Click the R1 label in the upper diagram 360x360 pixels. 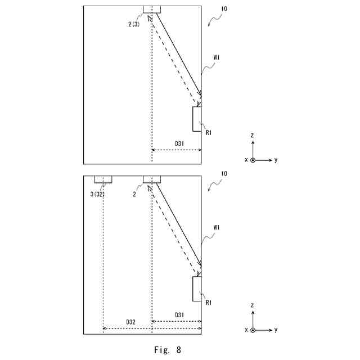208,133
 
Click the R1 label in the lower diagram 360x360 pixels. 208,303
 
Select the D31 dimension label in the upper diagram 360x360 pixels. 178,144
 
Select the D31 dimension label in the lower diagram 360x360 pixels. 178,314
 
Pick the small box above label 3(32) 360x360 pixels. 103,179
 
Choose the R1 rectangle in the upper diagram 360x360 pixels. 197,118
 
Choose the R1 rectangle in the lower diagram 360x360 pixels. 197,288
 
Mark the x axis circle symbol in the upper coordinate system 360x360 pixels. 253,160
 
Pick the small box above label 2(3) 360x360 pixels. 152,9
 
